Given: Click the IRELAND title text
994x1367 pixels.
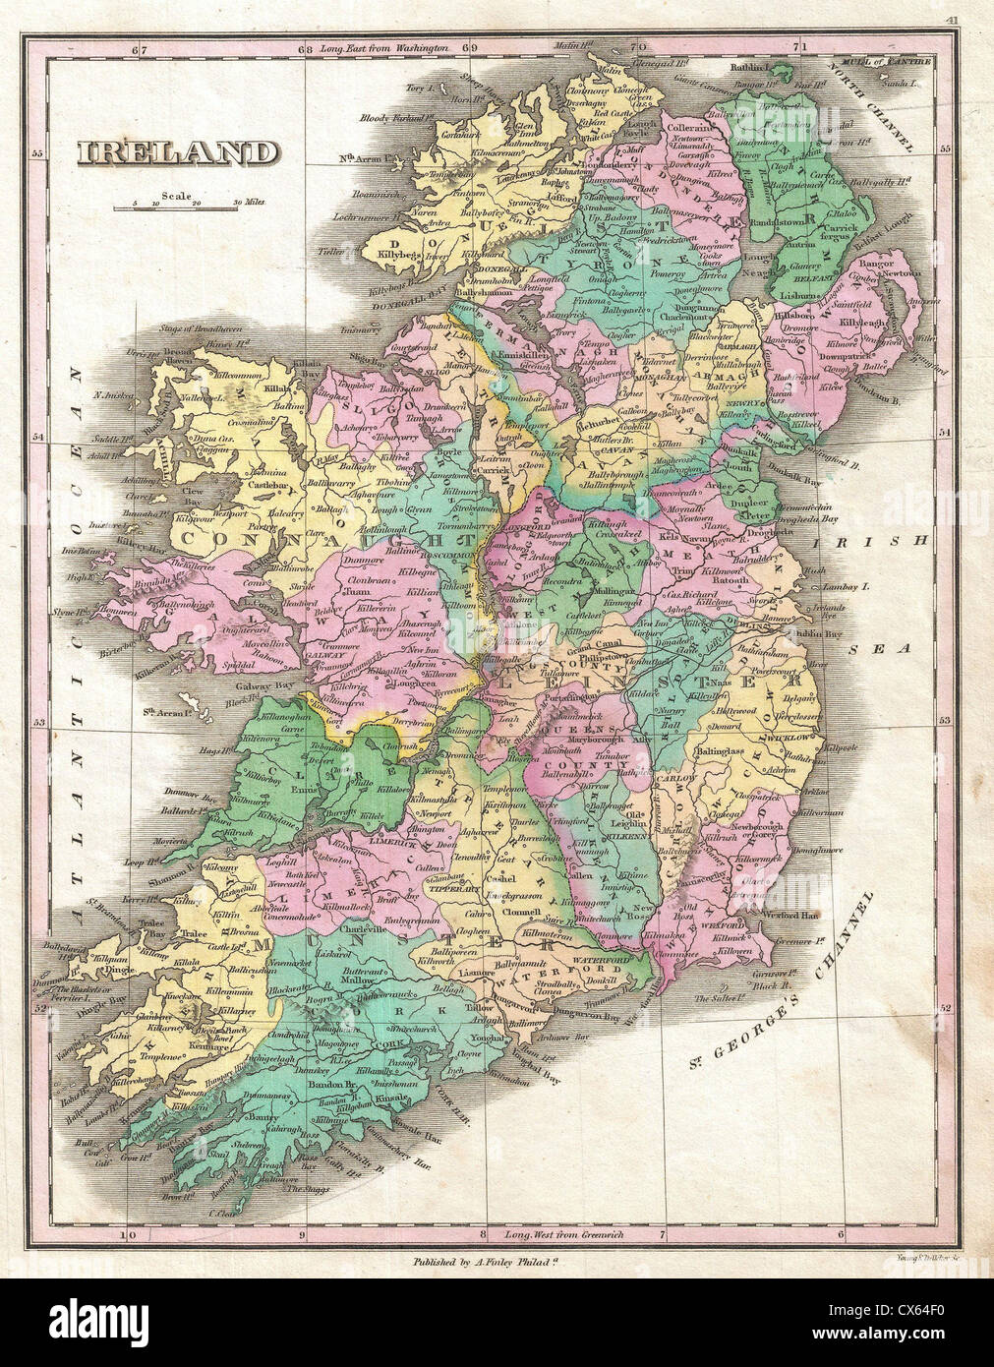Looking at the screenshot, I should pyautogui.click(x=177, y=153).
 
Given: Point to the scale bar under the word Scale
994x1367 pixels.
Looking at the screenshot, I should pyautogui.click(x=177, y=207).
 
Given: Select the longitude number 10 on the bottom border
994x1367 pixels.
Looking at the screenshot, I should pyautogui.click(x=125, y=1235).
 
